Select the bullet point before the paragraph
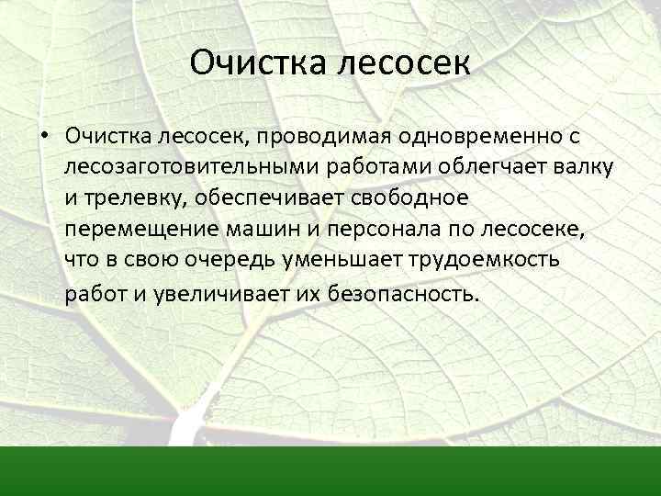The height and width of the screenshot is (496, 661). point(44,137)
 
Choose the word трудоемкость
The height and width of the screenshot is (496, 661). point(482,262)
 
